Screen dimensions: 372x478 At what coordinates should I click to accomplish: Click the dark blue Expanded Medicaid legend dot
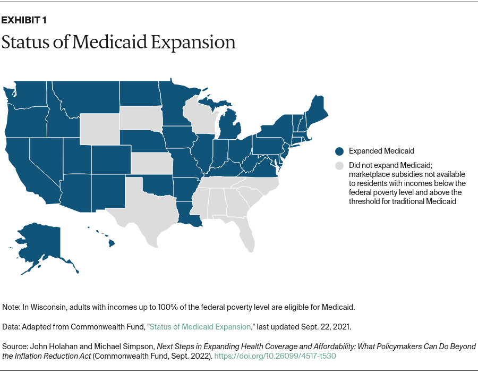339,151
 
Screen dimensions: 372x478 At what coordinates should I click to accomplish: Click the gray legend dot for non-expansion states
339,166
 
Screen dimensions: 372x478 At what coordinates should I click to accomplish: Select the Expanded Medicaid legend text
381,151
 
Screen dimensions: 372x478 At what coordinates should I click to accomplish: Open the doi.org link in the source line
276,356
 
